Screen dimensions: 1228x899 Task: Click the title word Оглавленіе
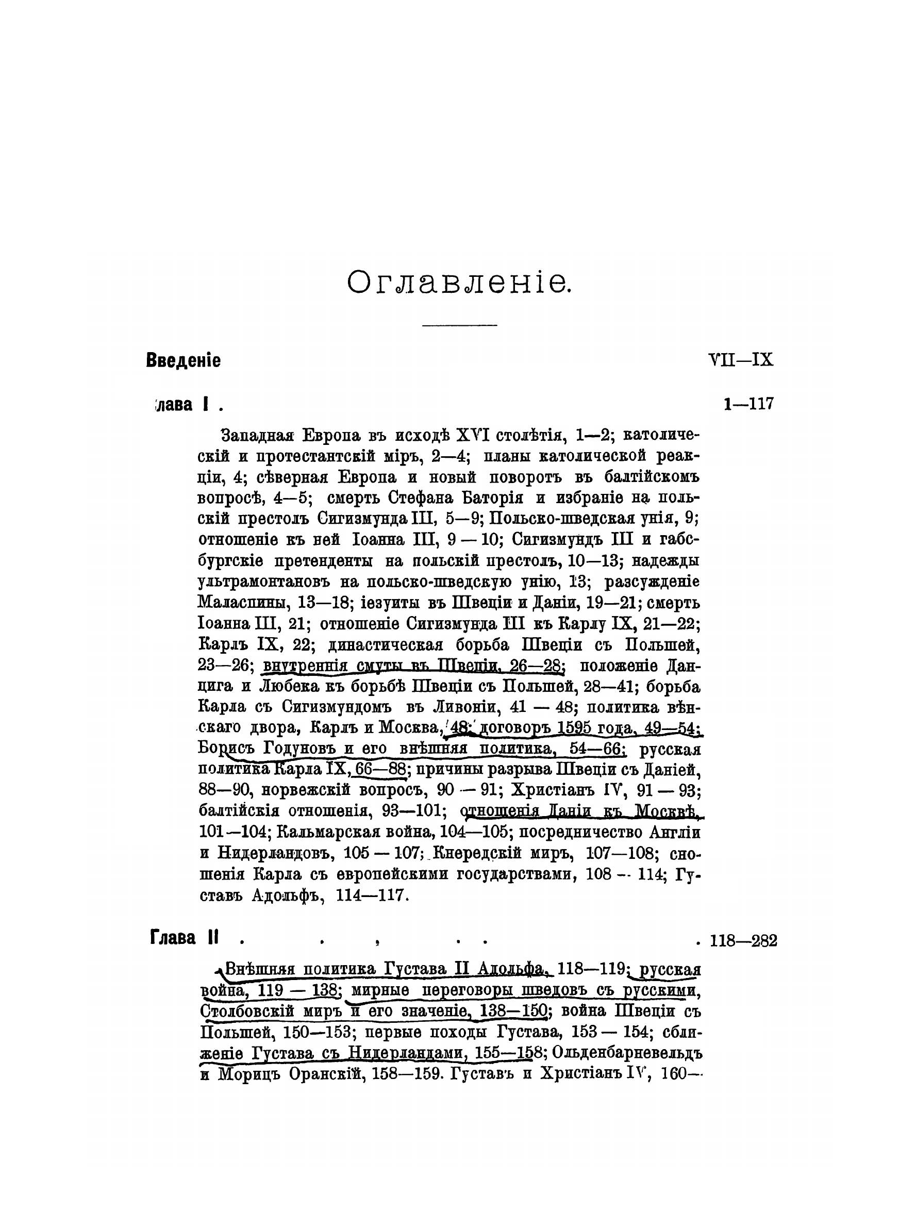(459, 283)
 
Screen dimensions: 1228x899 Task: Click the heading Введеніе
(184, 361)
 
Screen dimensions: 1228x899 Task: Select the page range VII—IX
(741, 360)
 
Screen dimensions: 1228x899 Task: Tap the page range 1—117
(748, 404)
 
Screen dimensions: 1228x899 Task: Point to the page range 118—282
(743, 940)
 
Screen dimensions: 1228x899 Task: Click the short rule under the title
(459, 325)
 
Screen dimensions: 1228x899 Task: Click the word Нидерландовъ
(276, 853)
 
